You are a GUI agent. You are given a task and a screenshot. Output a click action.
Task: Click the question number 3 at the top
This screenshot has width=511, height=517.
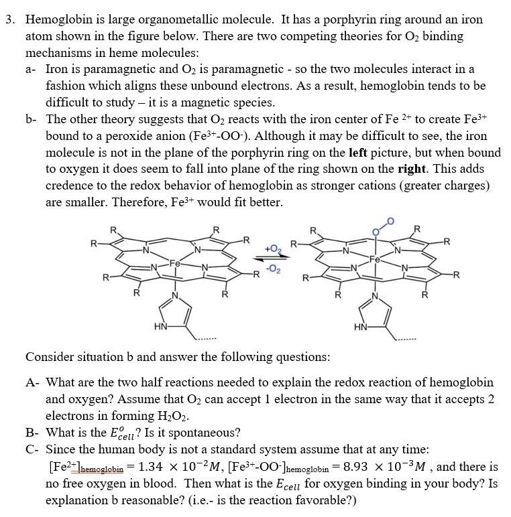9,20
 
